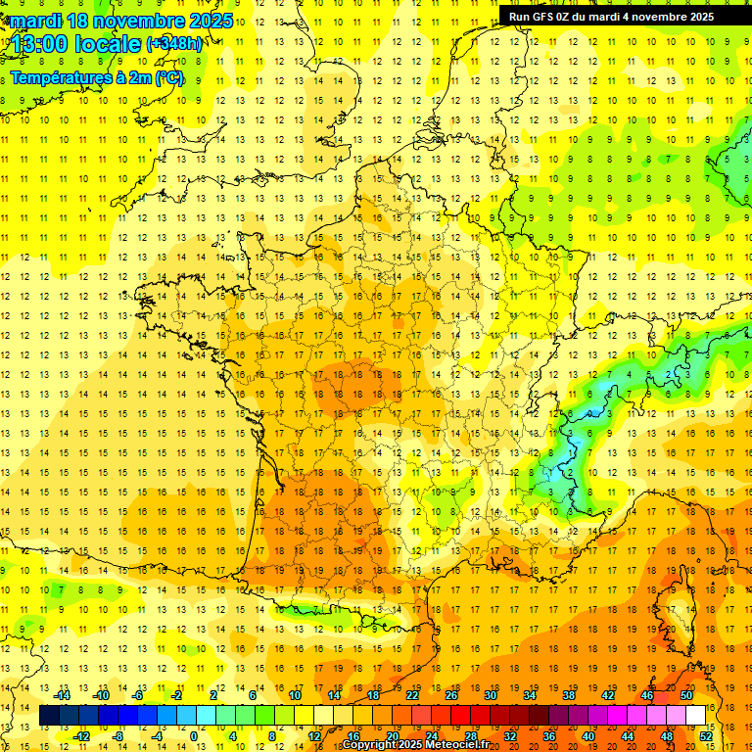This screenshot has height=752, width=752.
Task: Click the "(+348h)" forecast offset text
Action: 174,44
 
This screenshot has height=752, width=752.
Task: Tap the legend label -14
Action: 64,695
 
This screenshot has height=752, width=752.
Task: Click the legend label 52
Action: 706,736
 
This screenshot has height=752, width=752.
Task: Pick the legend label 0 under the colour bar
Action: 193,736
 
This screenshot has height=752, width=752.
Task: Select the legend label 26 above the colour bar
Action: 451,695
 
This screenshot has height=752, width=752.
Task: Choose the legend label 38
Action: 569,695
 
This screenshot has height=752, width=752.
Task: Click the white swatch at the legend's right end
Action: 695,716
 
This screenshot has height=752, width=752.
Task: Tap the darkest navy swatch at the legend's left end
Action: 49,716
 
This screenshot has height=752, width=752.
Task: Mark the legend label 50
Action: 686,695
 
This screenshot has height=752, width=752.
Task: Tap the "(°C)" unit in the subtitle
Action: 170,78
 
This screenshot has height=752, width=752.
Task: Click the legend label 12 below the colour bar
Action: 314,736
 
